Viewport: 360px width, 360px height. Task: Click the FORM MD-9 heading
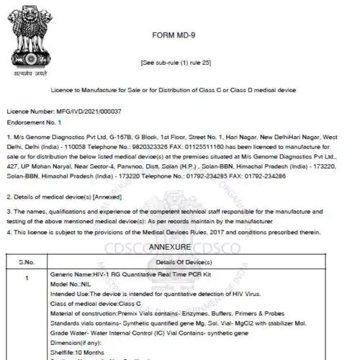click(x=180, y=35)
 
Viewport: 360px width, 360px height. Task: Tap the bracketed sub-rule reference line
click(x=180, y=64)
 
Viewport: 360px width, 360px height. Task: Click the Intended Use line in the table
click(x=144, y=295)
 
